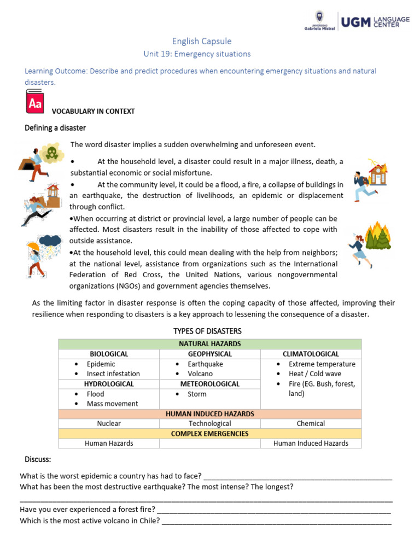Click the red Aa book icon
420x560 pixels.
pyautogui.click(x=34, y=102)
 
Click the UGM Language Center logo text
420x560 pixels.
pyautogui.click(x=375, y=22)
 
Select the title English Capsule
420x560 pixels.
pyautogui.click(x=202, y=41)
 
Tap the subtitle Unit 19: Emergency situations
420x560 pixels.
pyautogui.click(x=196, y=54)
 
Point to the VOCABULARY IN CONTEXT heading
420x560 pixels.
pyautogui.click(x=93, y=111)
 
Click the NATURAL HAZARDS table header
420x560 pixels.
pyautogui.click(x=209, y=344)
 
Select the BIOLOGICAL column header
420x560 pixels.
pyautogui.click(x=109, y=354)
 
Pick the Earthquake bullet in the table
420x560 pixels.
pyautogui.click(x=205, y=364)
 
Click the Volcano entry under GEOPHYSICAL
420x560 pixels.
pyautogui.click(x=200, y=374)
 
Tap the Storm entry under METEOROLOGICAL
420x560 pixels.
pyautogui.click(x=197, y=394)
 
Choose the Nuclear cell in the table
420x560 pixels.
pyautogui.click(x=109, y=423)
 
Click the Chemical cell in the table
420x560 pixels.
pyautogui.click(x=311, y=423)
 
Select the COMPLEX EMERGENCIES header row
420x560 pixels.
pyautogui.click(x=209, y=433)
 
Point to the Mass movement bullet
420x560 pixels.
pyautogui.click(x=112, y=404)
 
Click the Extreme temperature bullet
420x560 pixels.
pyautogui.click(x=322, y=364)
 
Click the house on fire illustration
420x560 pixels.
pyautogui.click(x=377, y=174)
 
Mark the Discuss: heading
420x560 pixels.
pyautogui.click(x=38, y=458)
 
